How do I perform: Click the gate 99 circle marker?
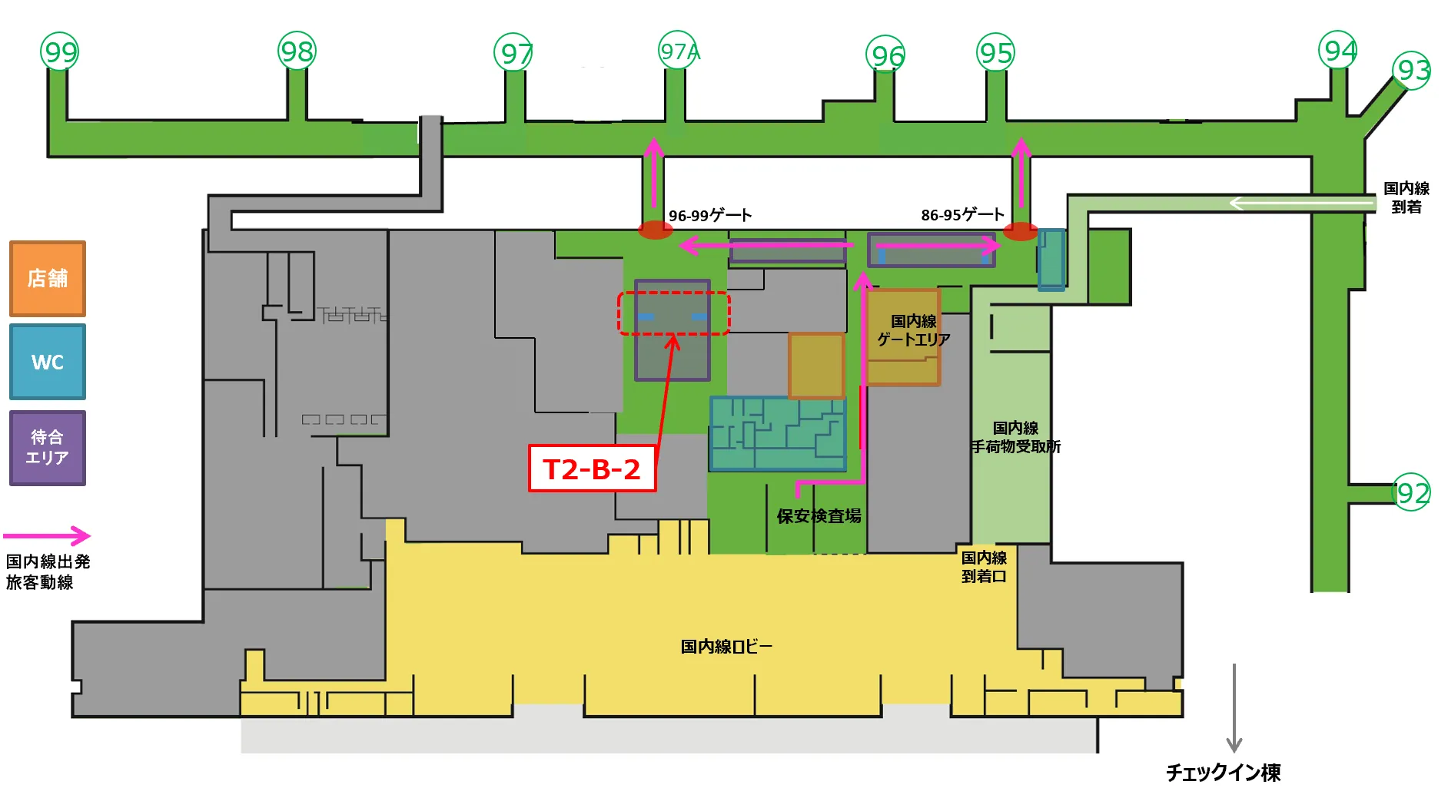coord(60,51)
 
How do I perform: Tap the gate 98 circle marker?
coord(297,51)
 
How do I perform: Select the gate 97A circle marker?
coord(678,50)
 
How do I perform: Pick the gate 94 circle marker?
coord(1338,50)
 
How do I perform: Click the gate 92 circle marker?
coord(1412,492)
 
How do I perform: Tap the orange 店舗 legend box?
coord(48,278)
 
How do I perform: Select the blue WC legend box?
coord(48,362)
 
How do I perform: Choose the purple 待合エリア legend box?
coord(48,448)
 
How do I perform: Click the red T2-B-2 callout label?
coord(592,469)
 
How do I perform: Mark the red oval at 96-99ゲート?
coord(656,230)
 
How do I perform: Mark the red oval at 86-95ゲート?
coord(1021,231)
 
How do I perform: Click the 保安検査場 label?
coord(819,516)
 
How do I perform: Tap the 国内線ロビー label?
coord(726,647)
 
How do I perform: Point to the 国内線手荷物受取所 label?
coord(1015,437)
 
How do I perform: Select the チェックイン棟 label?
coord(1223,773)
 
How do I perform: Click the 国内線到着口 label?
coord(984,567)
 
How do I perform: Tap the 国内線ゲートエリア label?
coord(914,330)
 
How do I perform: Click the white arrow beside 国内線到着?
coord(1302,204)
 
